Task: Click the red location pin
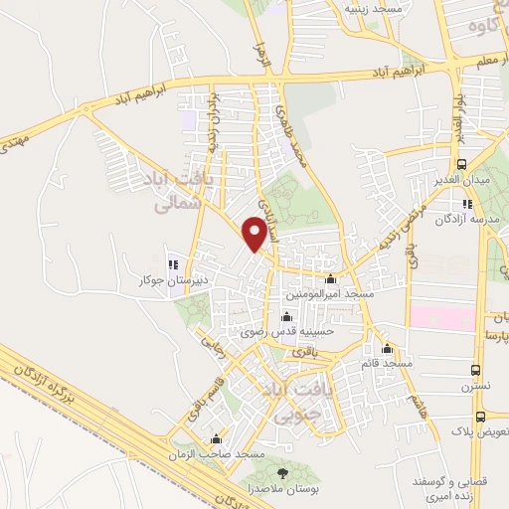[256, 234]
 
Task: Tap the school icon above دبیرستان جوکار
[173, 264]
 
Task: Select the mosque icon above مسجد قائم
[388, 349]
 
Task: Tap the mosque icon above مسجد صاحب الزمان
[216, 438]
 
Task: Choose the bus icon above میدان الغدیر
[460, 164]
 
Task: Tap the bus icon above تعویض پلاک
[481, 418]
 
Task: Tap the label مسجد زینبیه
[372, 8]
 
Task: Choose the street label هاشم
[415, 408]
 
